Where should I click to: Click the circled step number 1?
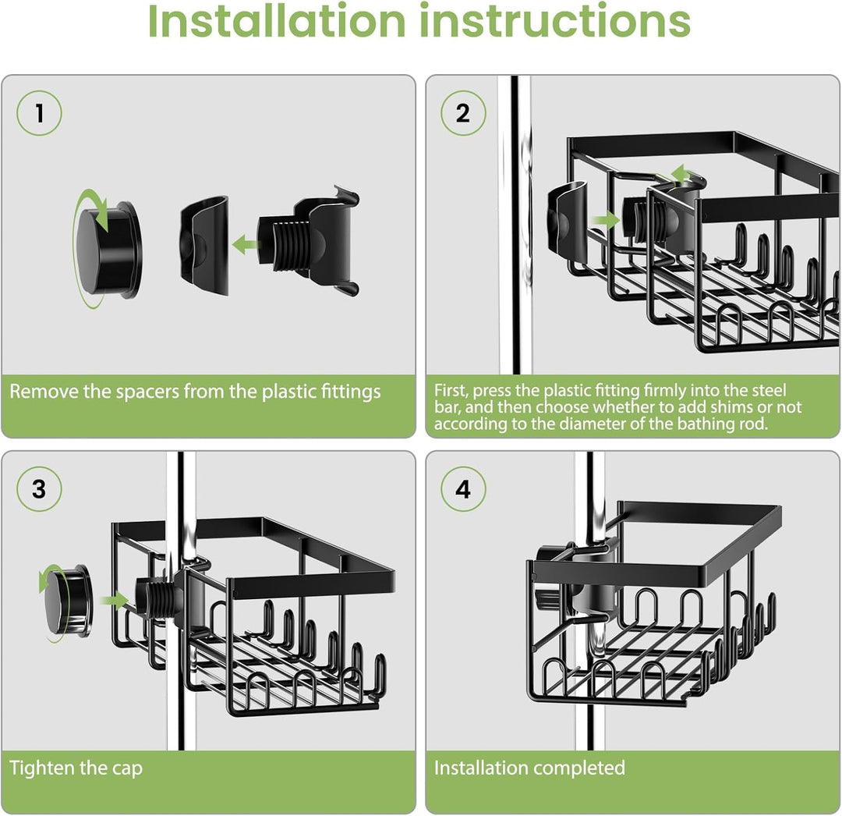(x=39, y=114)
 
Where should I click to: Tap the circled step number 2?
(x=463, y=114)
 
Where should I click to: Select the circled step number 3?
(x=39, y=490)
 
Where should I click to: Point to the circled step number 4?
(x=463, y=490)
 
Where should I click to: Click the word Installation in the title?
(x=277, y=21)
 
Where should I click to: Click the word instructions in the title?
(x=555, y=21)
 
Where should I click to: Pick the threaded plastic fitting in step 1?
(x=312, y=242)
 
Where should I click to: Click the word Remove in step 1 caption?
(x=43, y=391)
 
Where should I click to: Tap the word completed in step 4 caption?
(x=578, y=768)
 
